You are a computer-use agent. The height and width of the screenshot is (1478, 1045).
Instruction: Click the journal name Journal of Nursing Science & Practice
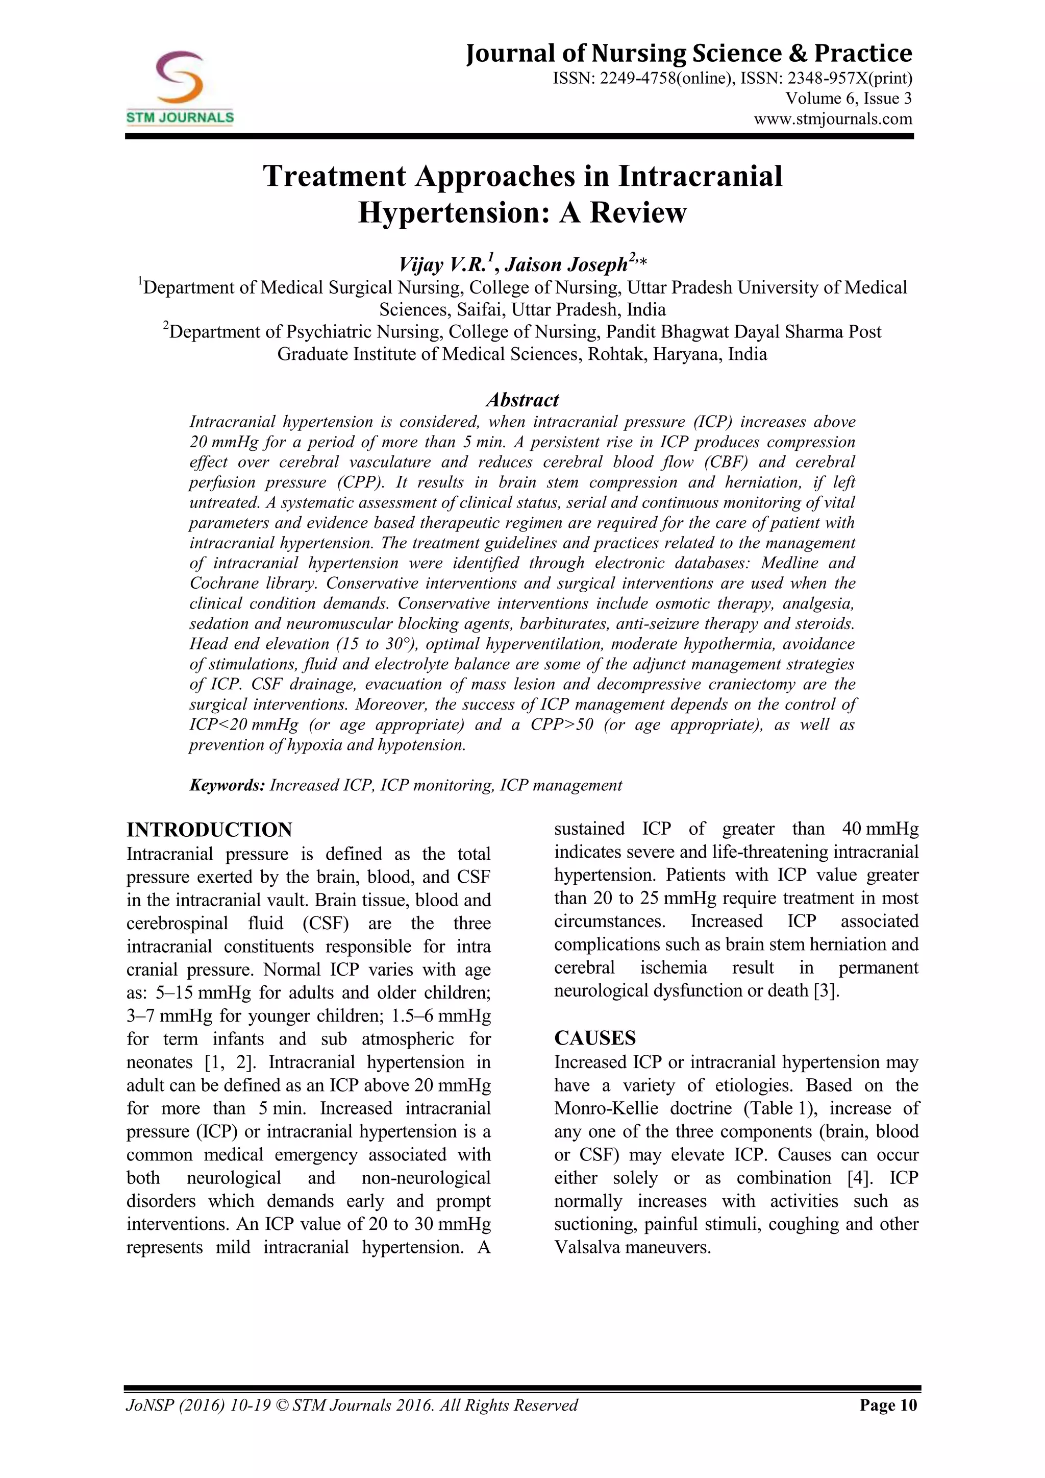click(688, 54)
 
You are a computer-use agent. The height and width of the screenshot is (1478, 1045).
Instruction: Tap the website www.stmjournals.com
click(833, 119)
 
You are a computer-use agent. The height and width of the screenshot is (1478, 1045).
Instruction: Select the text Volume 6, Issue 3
click(848, 99)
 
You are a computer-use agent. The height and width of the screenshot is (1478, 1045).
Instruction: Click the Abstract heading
click(522, 400)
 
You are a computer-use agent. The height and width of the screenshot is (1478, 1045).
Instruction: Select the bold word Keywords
click(227, 785)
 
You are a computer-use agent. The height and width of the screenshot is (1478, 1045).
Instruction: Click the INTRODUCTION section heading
click(209, 830)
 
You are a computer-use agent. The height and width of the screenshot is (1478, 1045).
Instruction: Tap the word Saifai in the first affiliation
click(479, 309)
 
